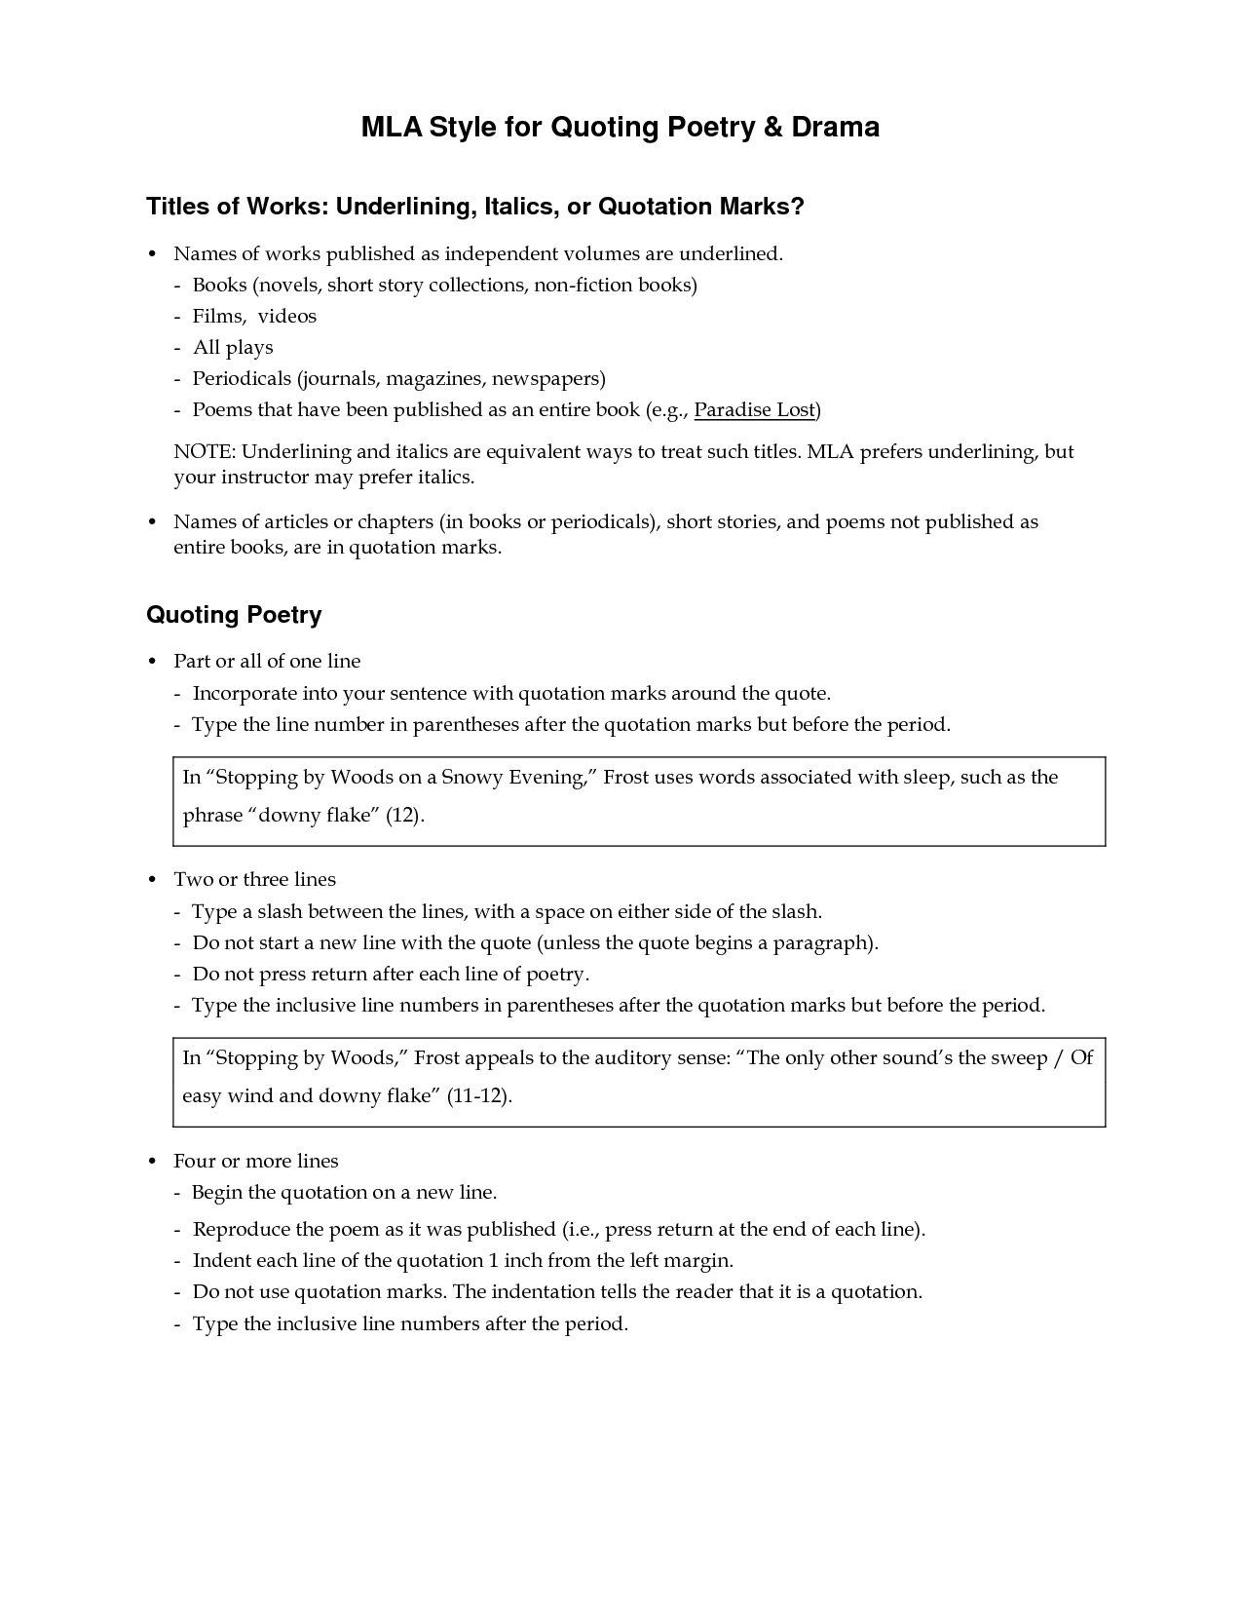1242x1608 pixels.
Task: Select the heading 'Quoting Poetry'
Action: pos(234,615)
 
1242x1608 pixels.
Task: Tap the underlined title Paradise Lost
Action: pos(754,410)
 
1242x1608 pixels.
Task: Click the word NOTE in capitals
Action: pos(204,452)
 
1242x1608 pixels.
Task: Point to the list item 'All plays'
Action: pos(233,348)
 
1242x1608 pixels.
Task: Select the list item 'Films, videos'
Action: pos(254,317)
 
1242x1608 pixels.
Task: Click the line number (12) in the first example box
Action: pos(404,816)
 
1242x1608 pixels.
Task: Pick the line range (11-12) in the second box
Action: pos(477,1096)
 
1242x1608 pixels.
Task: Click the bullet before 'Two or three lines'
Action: pos(152,880)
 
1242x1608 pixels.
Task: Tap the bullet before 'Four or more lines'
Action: pos(152,1162)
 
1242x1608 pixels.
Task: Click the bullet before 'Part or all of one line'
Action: pos(152,662)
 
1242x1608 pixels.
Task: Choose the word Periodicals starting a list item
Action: pos(242,379)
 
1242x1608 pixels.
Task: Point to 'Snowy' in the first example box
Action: pos(472,778)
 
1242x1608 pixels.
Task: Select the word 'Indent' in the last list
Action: pos(223,1261)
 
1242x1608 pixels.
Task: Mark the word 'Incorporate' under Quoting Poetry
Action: pos(245,694)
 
